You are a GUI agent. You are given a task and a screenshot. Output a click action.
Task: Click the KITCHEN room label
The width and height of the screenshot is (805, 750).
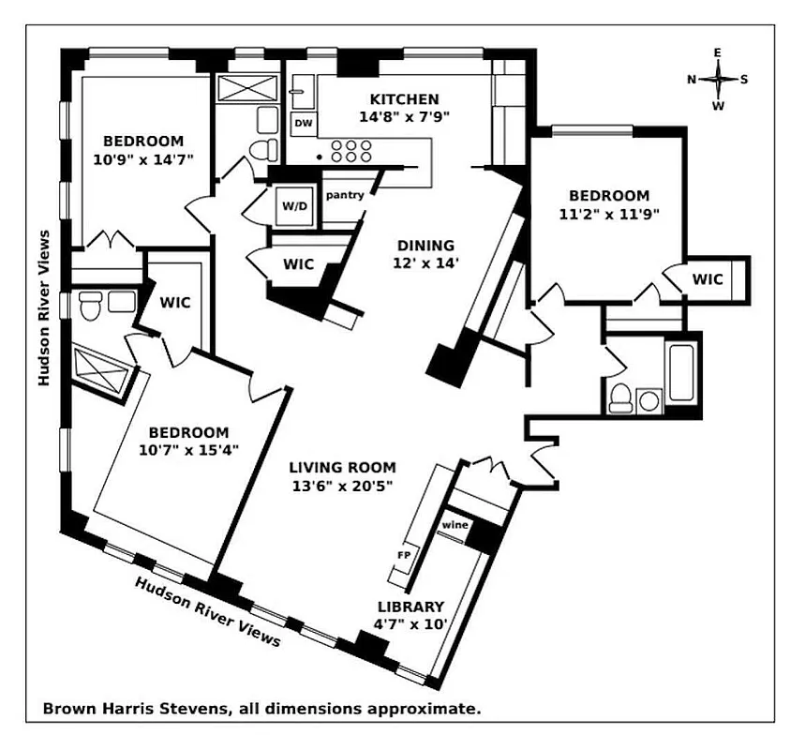[x=404, y=99]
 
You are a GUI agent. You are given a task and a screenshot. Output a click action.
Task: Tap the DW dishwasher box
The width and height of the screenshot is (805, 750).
[x=303, y=123]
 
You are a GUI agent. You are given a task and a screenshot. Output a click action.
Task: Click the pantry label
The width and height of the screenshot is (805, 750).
[x=345, y=195]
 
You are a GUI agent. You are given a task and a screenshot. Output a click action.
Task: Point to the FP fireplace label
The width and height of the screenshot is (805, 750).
[x=404, y=554]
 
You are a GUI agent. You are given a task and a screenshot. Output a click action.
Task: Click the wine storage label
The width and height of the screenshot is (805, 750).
[x=455, y=525]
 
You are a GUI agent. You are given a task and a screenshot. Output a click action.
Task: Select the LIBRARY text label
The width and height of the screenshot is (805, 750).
[x=410, y=607]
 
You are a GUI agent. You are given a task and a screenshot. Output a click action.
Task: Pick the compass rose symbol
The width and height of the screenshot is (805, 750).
[x=718, y=80]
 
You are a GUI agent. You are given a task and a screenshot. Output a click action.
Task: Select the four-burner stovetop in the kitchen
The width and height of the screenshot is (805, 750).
[x=351, y=151]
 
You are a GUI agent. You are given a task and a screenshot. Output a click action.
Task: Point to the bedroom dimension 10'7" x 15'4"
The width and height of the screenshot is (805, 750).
[x=188, y=449]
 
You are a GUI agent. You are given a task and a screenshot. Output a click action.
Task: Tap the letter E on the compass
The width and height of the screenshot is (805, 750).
[x=718, y=53]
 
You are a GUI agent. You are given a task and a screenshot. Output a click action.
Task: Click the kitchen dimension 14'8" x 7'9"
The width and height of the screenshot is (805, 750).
[x=404, y=117]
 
